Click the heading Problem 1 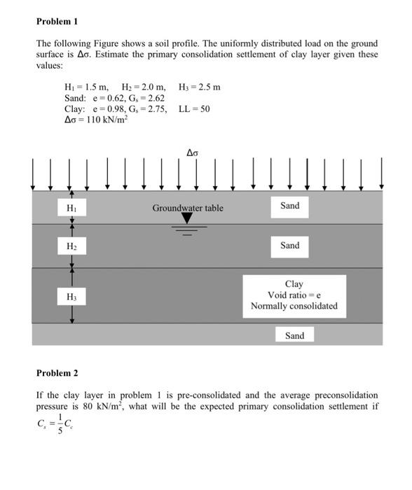[x=57, y=22]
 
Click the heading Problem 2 [x=57, y=373]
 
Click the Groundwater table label [x=188, y=208]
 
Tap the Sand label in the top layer [x=289, y=205]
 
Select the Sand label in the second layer [x=289, y=246]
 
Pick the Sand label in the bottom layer [x=294, y=336]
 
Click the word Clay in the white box [x=294, y=283]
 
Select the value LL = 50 [x=194, y=108]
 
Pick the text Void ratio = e [x=294, y=295]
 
